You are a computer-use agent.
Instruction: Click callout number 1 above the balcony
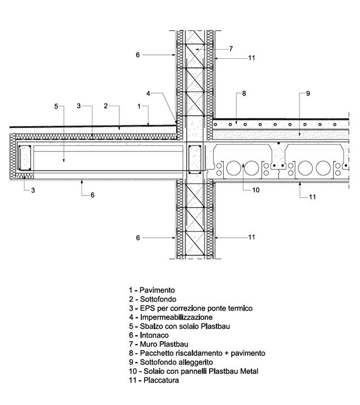[x=138, y=106]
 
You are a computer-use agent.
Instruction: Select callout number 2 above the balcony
[x=106, y=106]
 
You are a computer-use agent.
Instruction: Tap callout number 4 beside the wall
[x=148, y=93]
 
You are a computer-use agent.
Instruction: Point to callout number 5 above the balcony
[x=56, y=106]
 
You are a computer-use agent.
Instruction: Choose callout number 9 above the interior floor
[x=308, y=93]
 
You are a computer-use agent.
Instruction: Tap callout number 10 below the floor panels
[x=255, y=190]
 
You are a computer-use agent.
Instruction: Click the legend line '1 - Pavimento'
[x=151, y=290]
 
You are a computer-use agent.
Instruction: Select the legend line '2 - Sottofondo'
[x=151, y=299]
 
